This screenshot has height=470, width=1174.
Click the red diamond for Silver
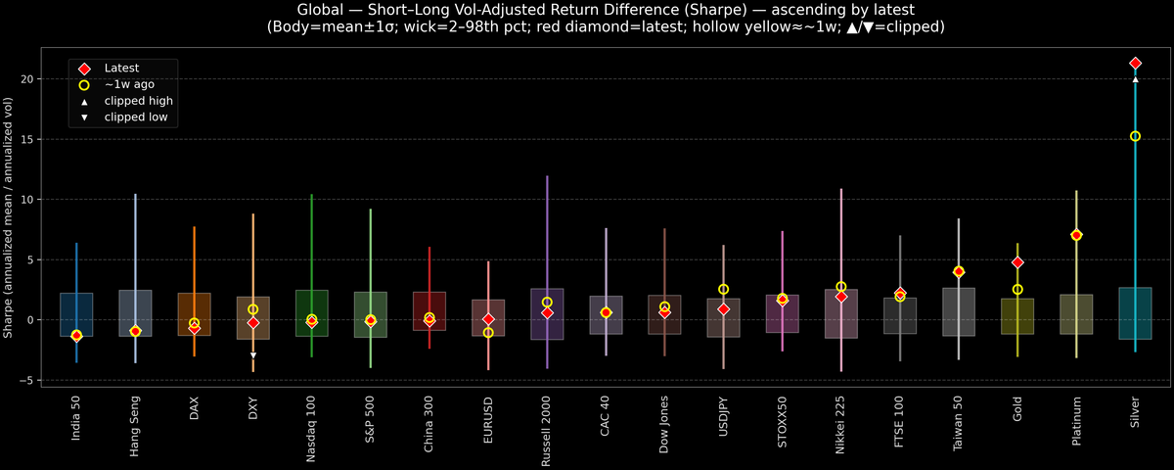[1135, 63]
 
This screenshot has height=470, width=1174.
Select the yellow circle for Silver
[1135, 136]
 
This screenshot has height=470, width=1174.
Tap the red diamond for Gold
[1017, 262]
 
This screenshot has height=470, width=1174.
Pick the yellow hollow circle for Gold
[1017, 289]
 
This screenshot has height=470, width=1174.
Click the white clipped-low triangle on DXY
[253, 355]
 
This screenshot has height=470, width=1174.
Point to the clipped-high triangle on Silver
[1135, 79]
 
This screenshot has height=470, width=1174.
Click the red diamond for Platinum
[1076, 235]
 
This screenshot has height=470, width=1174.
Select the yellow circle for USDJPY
[723, 289]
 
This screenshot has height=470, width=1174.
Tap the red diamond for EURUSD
[488, 319]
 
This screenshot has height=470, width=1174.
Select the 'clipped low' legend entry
[135, 117]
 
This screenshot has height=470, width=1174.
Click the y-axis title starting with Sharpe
[9, 218]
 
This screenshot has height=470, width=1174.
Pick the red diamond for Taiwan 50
[959, 271]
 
